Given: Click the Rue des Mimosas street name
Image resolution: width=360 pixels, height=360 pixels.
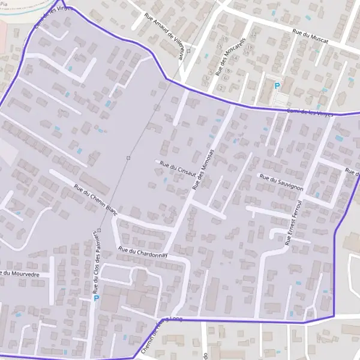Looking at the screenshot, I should pyautogui.click(x=203, y=170).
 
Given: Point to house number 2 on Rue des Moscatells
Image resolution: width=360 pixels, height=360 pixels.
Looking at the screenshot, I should pyautogui.click(x=221, y=88).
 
